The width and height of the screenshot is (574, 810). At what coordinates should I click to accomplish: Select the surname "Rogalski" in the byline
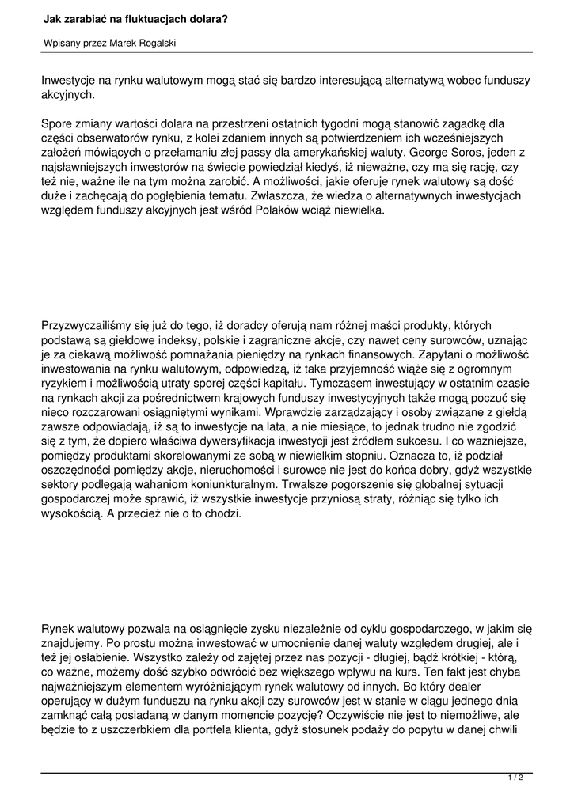click(x=154, y=44)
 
